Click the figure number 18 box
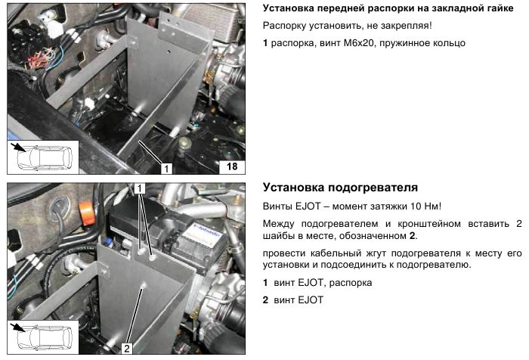point(232,167)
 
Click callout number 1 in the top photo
point(166,168)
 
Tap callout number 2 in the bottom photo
point(127,348)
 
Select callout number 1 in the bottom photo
point(140,188)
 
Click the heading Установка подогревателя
point(340,188)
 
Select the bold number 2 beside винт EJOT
point(265,300)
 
